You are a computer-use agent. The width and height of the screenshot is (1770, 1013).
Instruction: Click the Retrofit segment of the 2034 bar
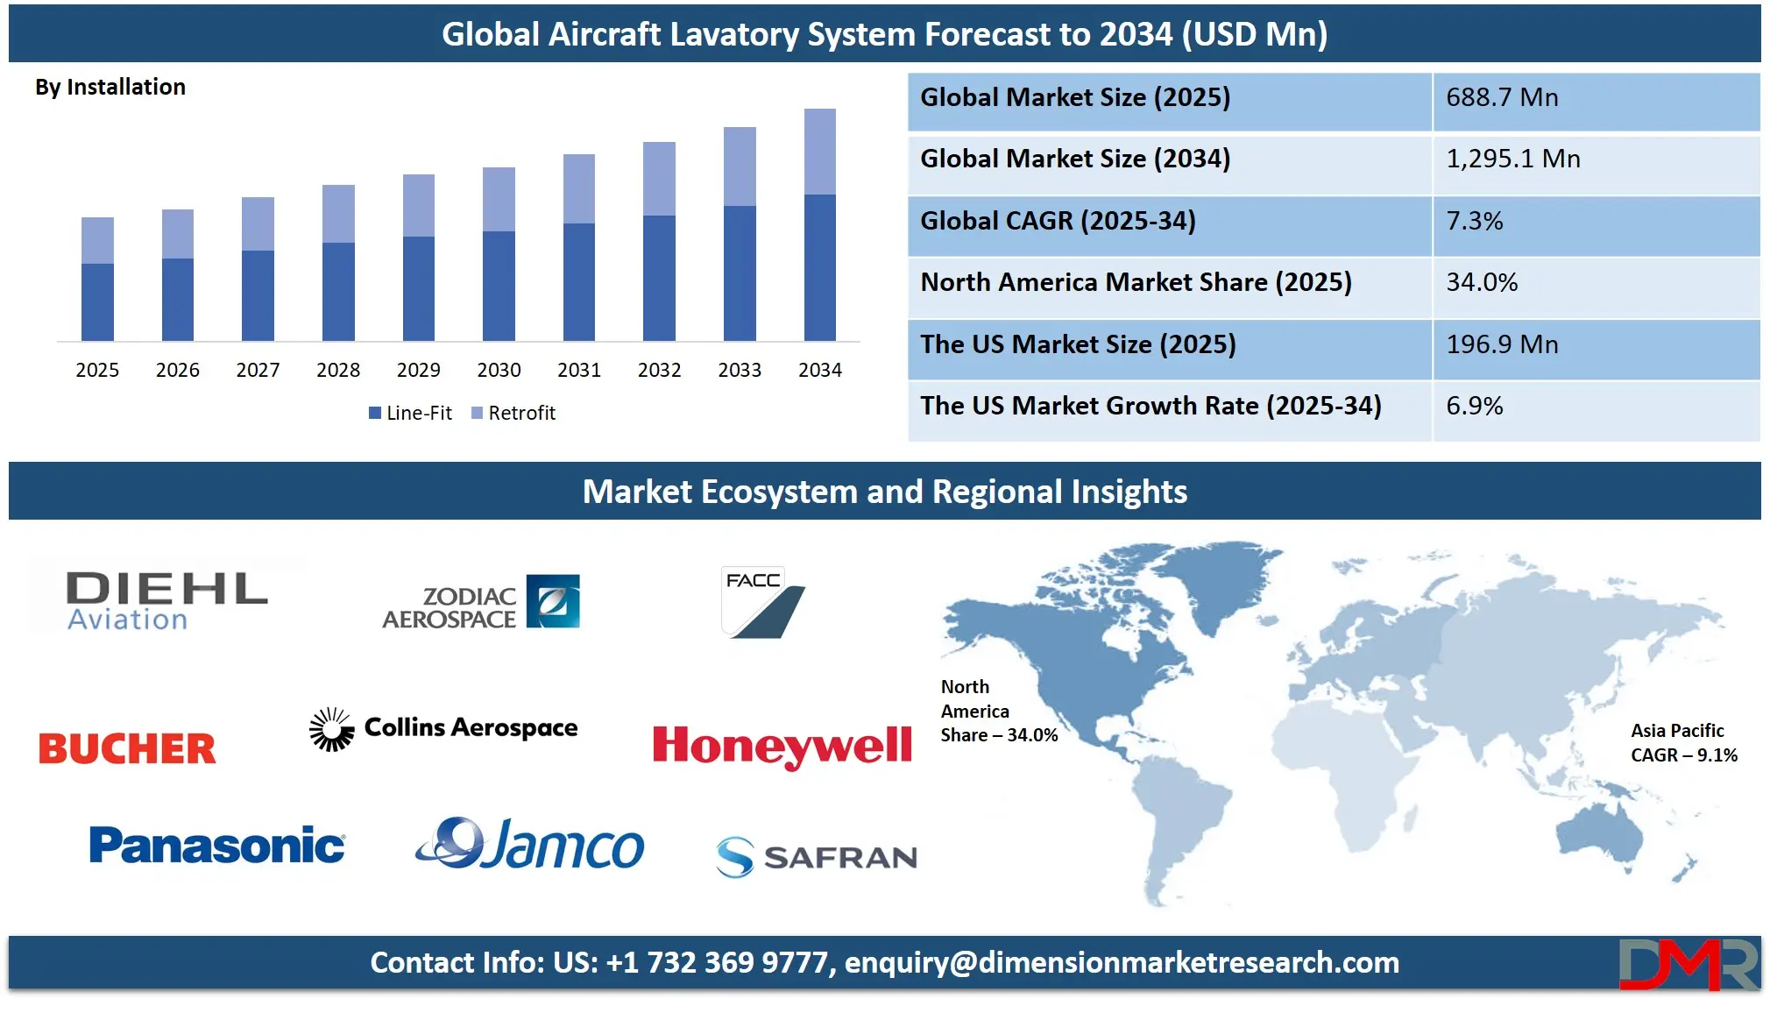click(x=819, y=152)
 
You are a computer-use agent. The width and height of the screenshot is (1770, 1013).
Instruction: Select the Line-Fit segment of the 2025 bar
click(x=97, y=301)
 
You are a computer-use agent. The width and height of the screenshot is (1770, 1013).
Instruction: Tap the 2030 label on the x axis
click(x=499, y=370)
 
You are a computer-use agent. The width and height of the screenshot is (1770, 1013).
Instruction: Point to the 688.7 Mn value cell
click(x=1502, y=97)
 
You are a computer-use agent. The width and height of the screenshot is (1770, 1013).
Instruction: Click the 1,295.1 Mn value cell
click(x=1512, y=159)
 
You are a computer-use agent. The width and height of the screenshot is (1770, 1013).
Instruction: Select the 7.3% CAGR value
click(x=1475, y=221)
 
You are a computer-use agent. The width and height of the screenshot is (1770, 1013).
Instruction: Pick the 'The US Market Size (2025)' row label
click(x=1078, y=344)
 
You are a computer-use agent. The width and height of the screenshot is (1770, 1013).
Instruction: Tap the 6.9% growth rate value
click(x=1475, y=406)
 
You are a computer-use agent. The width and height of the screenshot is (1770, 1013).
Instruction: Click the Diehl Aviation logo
click(x=166, y=600)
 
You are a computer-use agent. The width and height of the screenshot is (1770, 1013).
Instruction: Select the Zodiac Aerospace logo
click(x=481, y=603)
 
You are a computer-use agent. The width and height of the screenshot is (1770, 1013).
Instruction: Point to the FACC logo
click(x=761, y=602)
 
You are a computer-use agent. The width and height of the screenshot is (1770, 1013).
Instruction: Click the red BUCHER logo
click(x=127, y=749)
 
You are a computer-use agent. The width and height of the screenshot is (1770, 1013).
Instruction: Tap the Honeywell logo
click(x=782, y=747)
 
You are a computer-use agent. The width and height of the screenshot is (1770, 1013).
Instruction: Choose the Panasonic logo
click(x=216, y=846)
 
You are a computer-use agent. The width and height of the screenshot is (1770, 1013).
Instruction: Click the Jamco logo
click(x=530, y=845)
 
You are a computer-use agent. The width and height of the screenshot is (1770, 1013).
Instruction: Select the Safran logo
click(x=816, y=856)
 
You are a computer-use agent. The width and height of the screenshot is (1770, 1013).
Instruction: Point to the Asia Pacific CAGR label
click(x=1683, y=743)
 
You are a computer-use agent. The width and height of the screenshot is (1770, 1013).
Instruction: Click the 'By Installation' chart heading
click(x=110, y=87)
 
